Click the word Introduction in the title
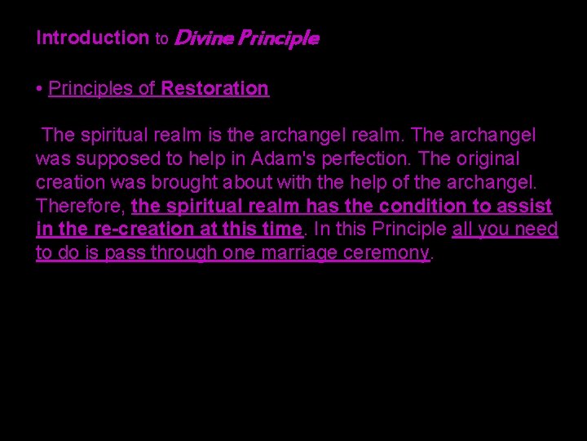[x=92, y=38]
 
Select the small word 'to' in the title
[x=161, y=38]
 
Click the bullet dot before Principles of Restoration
[x=40, y=88]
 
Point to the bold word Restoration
[x=215, y=88]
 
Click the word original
[x=488, y=158]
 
